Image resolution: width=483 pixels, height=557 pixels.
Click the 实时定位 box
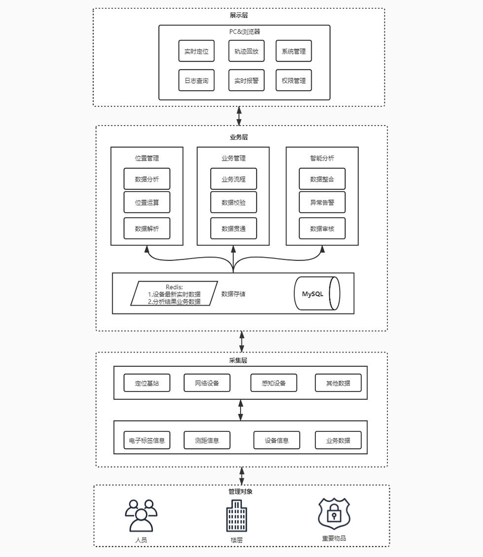196,51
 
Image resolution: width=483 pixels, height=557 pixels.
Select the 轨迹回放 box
246,51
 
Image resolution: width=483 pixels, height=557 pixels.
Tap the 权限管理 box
294,80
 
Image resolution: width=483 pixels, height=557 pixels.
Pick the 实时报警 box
246,80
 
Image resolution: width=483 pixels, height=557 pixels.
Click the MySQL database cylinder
317,294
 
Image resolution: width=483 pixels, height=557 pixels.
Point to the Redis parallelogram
174,294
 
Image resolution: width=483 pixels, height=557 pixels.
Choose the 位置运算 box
147,202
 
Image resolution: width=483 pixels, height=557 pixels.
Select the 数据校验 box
234,202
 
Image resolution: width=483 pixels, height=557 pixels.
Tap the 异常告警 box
322,202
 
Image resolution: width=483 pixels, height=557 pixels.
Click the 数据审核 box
322,229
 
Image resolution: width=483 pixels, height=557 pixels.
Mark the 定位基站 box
147,383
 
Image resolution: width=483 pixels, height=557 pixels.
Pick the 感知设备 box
274,383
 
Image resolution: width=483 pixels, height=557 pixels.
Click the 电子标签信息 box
147,440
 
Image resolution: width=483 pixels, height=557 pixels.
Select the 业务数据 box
338,440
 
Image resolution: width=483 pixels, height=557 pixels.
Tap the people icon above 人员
141,515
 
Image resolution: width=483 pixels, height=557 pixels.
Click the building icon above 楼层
237,515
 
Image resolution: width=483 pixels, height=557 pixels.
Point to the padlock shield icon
334,513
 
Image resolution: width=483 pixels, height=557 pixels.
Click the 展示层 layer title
239,15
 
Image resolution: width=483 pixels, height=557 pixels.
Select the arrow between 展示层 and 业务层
239,116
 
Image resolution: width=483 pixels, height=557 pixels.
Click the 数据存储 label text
233,294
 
